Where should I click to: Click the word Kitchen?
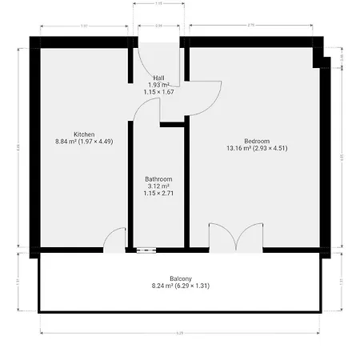pyautogui.click(x=85, y=134)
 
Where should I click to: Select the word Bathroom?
pyautogui.click(x=158, y=179)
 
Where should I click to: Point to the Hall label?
pyautogui.click(x=158, y=78)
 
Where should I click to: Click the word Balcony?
pyautogui.click(x=179, y=278)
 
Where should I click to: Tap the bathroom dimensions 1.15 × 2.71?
pyautogui.click(x=158, y=194)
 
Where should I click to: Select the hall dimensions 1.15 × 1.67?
pyautogui.click(x=158, y=92)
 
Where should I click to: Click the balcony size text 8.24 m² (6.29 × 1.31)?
pyautogui.click(x=179, y=285)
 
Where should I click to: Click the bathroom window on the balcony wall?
pyautogui.click(x=146, y=250)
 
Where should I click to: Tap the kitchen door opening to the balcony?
pyautogui.click(x=115, y=240)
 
